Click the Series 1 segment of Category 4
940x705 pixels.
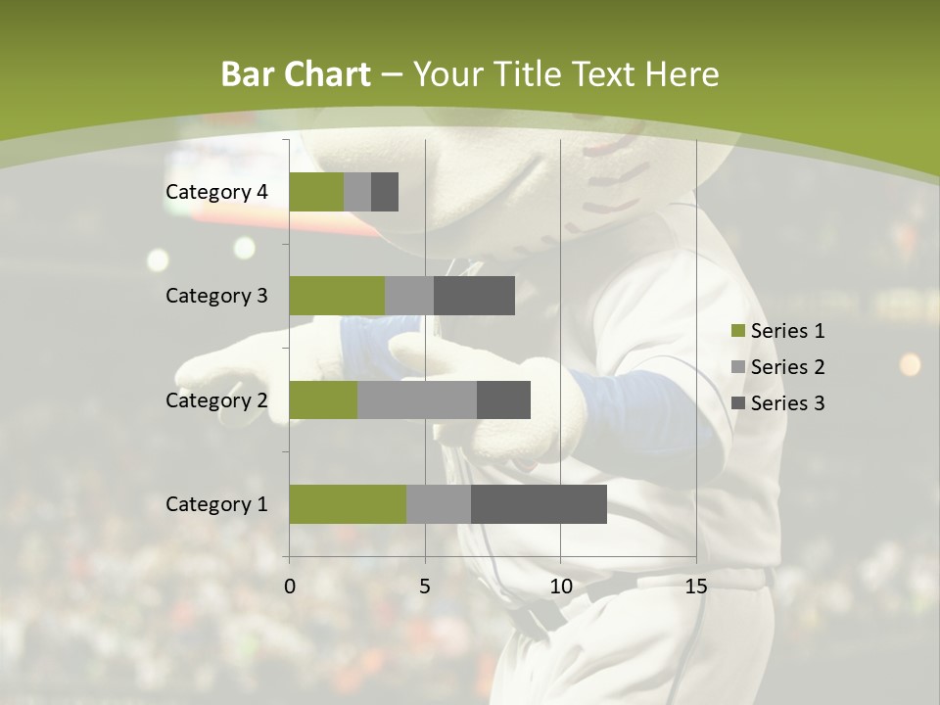pyautogui.click(x=316, y=192)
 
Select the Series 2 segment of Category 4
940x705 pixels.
pyautogui.click(x=357, y=192)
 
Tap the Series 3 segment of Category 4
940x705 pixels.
pyautogui.click(x=385, y=192)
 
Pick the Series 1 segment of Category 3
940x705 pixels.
pyautogui.click(x=337, y=296)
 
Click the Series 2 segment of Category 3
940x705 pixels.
pyautogui.click(x=409, y=296)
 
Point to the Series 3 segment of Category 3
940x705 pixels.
pyautogui.click(x=474, y=296)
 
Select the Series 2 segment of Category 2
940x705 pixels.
pyautogui.click(x=417, y=399)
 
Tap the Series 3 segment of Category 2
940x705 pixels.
pyautogui.click(x=503, y=399)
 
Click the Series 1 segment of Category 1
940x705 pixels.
pyautogui.click(x=348, y=504)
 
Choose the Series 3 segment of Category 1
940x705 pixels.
pyautogui.click(x=539, y=504)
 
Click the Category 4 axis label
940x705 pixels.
pyautogui.click(x=216, y=192)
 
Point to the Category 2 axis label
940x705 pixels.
pyautogui.click(x=216, y=399)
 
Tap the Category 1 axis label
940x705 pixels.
pyautogui.click(x=216, y=504)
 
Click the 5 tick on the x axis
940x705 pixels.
pyautogui.click(x=425, y=587)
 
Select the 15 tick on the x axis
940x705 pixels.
pyautogui.click(x=696, y=587)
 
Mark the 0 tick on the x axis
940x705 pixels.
pyautogui.click(x=290, y=587)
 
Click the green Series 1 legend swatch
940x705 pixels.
pyautogui.click(x=737, y=331)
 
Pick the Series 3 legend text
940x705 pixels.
pyautogui.click(x=787, y=403)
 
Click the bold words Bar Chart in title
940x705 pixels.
pyautogui.click(x=296, y=74)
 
